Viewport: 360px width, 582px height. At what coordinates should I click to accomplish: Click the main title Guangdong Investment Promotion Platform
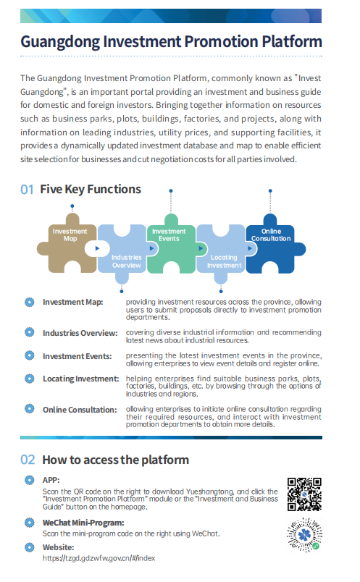171,41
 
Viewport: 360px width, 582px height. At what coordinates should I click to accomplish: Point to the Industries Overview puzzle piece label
126,261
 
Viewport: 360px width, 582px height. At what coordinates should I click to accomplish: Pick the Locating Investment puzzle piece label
224,261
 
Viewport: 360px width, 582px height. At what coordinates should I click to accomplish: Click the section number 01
27,190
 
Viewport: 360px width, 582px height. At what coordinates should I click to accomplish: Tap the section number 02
28,460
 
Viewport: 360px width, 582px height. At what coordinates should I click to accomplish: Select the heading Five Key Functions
91,190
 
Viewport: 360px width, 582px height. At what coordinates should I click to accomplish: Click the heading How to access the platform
116,460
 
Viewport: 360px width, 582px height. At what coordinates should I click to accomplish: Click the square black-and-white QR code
304,494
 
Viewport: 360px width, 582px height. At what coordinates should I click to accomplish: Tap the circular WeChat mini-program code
304,534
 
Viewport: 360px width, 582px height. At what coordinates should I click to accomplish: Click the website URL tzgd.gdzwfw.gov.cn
99,558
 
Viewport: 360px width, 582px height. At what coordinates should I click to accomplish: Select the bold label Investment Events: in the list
78,356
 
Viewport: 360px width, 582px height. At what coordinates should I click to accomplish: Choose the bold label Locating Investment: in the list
81,379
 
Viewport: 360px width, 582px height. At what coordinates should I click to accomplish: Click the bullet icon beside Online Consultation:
30,409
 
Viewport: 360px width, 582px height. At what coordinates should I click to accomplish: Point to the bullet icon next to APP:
30,480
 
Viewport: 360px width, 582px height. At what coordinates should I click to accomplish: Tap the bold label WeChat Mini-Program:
83,523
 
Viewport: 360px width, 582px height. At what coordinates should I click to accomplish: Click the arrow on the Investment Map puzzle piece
97,248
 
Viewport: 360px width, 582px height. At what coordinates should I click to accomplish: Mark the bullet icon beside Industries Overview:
30,332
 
